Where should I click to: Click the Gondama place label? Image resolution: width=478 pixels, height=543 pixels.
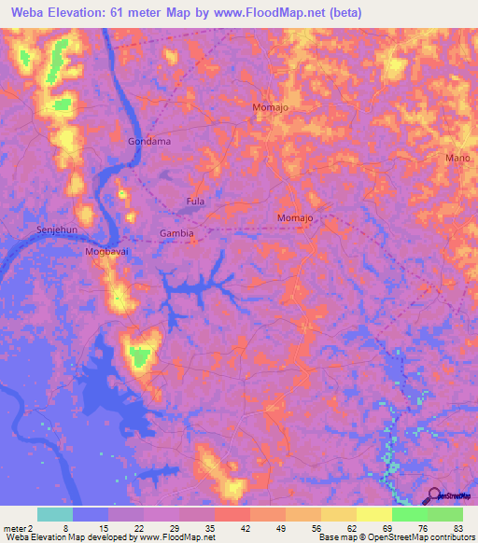pos(148,141)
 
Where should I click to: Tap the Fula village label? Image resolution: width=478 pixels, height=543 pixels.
pos(195,202)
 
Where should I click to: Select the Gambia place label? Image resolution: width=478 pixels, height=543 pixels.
pos(176,233)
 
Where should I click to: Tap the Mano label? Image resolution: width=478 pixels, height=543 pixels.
pos(457,158)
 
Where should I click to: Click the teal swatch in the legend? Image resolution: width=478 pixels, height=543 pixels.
pos(55,514)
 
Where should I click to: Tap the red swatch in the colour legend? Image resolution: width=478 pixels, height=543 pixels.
pos(232,514)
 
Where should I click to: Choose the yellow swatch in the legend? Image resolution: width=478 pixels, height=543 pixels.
pos(374,514)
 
